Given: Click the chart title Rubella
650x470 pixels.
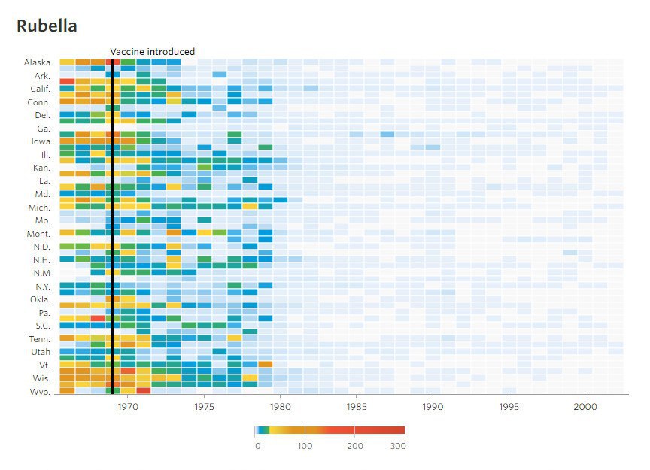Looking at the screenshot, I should click(x=47, y=26).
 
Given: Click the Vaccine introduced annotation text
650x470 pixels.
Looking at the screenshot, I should click(x=152, y=52).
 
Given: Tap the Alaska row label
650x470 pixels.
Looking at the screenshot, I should click(x=37, y=62).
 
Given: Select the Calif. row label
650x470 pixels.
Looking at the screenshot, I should click(x=38, y=89).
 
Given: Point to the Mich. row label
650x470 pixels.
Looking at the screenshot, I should click(x=39, y=207).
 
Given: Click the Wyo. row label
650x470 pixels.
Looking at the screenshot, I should click(x=40, y=391).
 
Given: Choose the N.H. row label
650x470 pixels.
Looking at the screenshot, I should click(x=41, y=259).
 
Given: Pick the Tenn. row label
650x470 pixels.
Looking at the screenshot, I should click(x=39, y=338).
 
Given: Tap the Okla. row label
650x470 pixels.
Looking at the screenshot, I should click(x=40, y=299).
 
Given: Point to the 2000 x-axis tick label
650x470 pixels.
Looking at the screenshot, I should click(x=585, y=407).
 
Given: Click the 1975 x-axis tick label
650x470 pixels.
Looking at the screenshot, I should click(x=204, y=407).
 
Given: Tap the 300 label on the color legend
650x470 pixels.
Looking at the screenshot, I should click(x=399, y=446).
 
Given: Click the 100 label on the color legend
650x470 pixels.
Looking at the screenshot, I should click(x=305, y=446).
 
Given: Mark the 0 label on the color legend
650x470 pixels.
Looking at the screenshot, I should click(x=257, y=446).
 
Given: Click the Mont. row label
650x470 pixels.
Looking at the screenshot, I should click(x=39, y=233).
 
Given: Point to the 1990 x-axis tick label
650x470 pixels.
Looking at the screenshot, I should click(x=433, y=407).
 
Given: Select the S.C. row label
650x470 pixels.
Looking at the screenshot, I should click(x=41, y=326).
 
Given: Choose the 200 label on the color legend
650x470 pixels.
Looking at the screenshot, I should click(x=355, y=446).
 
